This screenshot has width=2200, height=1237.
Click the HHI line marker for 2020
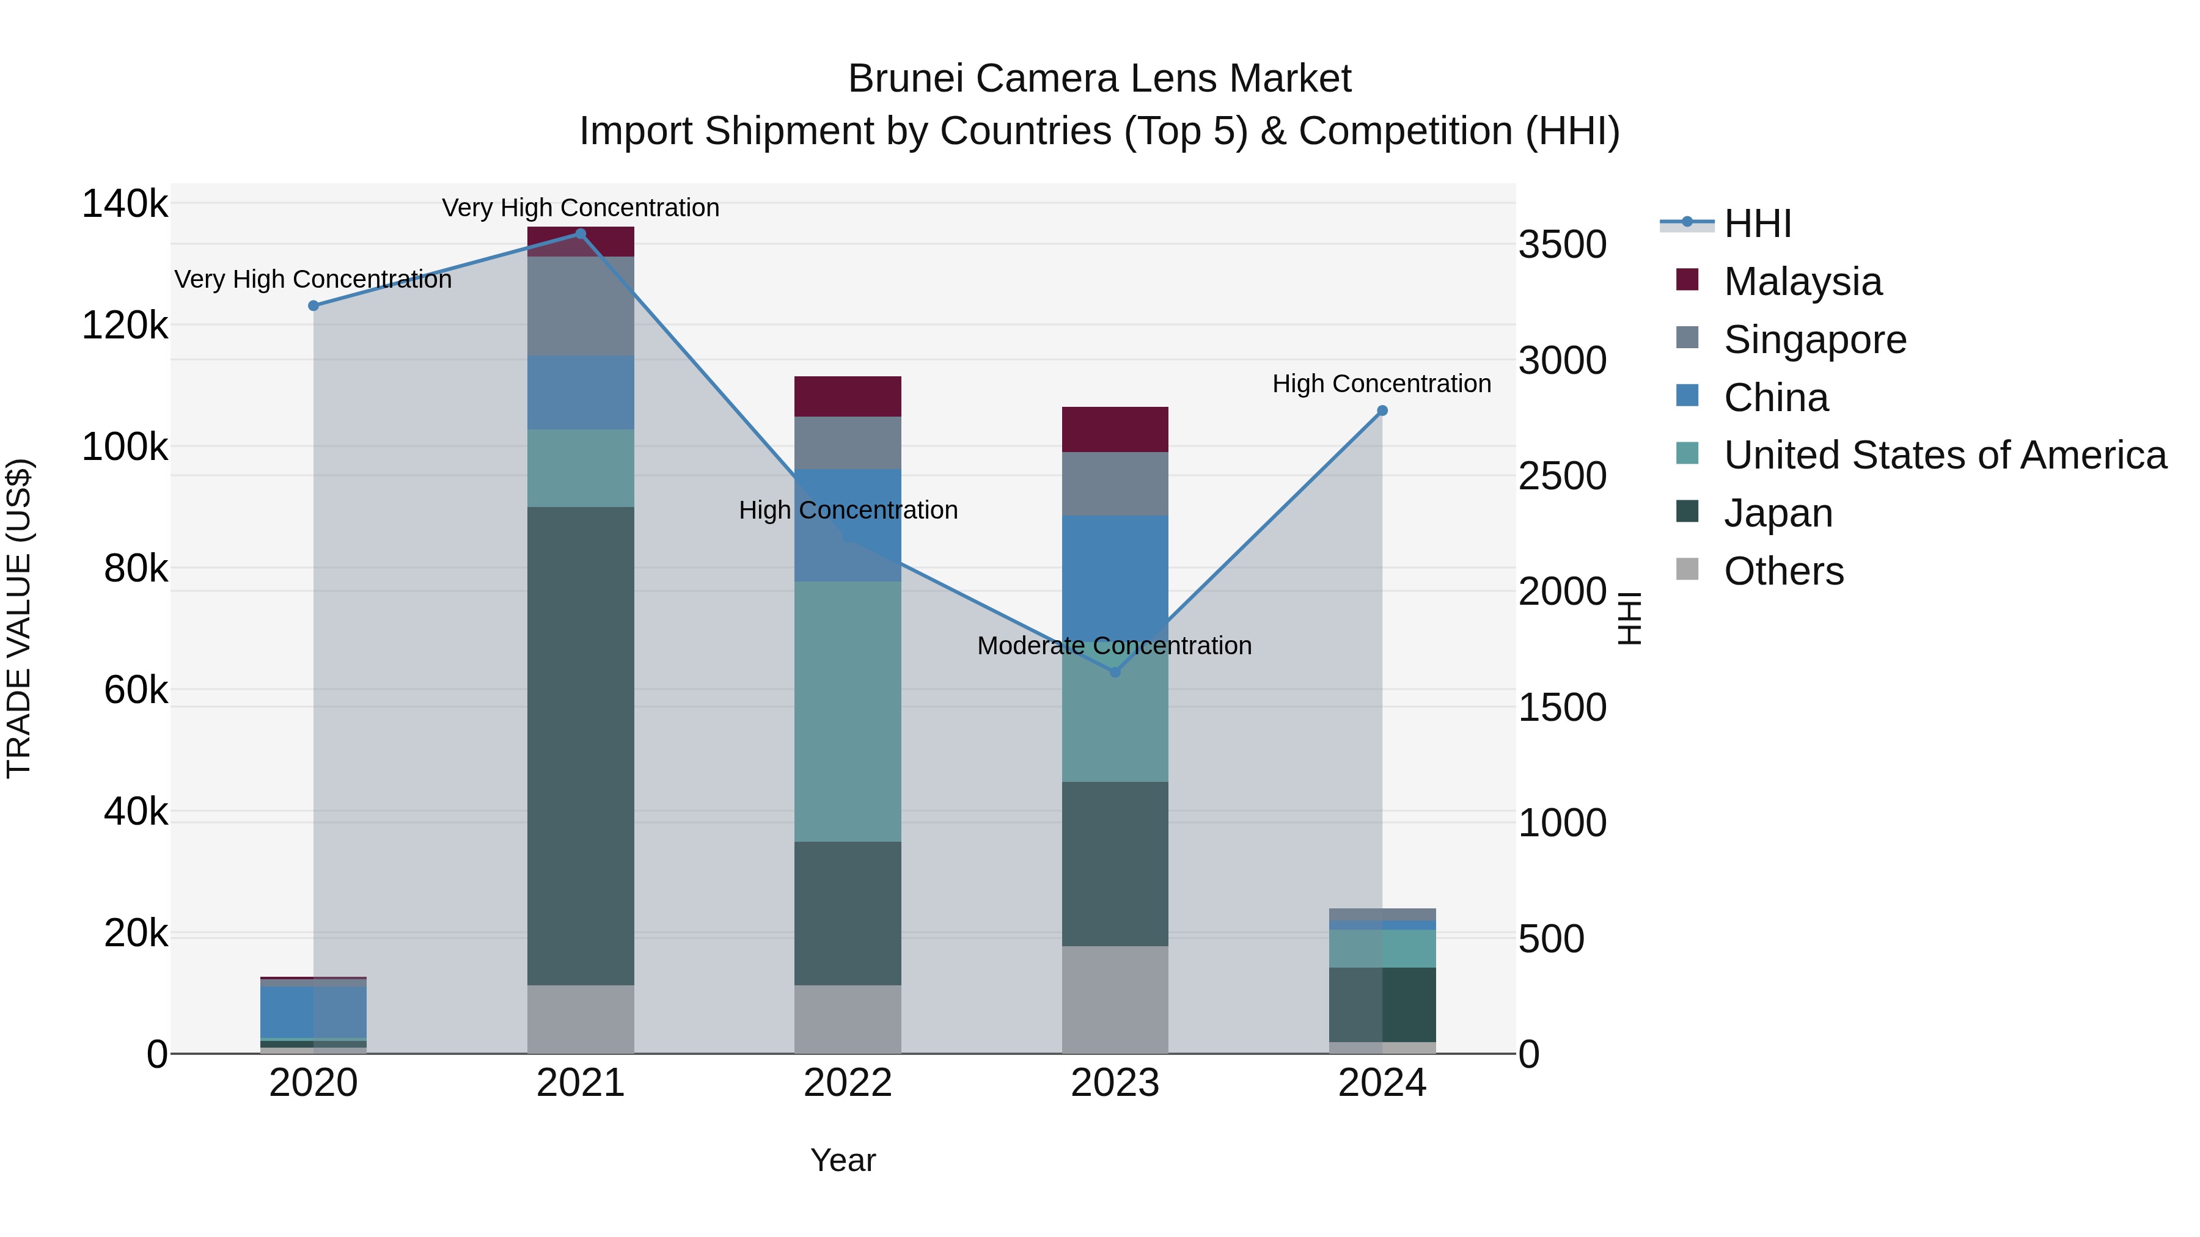coord(313,305)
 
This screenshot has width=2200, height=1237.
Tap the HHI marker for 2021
coord(581,234)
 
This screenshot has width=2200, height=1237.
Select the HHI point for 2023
coord(1115,673)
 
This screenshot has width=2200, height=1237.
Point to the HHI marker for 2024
coord(1383,411)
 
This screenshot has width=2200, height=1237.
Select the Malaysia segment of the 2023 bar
coord(1115,429)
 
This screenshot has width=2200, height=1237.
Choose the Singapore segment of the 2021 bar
coord(581,305)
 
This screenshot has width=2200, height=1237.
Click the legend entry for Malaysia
coord(1802,282)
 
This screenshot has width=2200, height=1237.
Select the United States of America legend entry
coord(1945,455)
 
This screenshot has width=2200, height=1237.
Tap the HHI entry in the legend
coord(1757,224)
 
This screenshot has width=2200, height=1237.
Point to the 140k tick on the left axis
coord(125,204)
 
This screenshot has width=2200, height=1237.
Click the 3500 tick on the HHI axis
coord(1562,245)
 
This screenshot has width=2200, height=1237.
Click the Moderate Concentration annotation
coord(1115,646)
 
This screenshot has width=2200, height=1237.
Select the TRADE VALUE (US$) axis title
coord(19,618)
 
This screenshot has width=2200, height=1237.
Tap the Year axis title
coord(843,1160)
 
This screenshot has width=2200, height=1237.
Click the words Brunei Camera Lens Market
coord(1099,79)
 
